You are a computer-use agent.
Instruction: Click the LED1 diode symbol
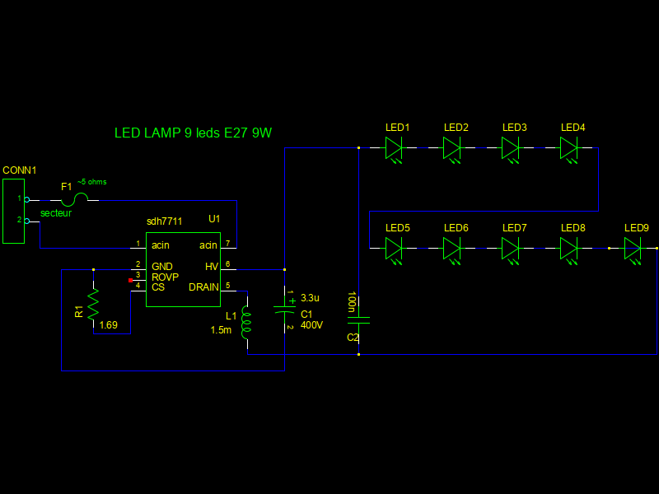click(x=394, y=148)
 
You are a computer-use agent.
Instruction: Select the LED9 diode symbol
click(x=633, y=248)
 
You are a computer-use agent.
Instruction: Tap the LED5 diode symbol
click(x=394, y=248)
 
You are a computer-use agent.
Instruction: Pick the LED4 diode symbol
click(x=569, y=148)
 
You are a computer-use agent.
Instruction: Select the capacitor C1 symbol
click(x=284, y=310)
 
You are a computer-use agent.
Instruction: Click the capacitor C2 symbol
click(x=358, y=321)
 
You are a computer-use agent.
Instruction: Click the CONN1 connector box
click(x=14, y=209)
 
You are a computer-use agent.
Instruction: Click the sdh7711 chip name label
click(x=165, y=221)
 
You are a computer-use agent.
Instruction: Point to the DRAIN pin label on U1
click(x=203, y=287)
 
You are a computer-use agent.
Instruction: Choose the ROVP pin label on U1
click(x=165, y=277)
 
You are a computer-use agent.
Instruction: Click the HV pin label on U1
click(x=212, y=267)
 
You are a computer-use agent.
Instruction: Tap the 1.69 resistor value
click(x=108, y=325)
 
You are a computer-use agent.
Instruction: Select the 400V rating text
click(x=311, y=325)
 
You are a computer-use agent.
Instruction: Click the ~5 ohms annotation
click(x=91, y=182)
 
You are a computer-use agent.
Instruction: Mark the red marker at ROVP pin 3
click(x=130, y=281)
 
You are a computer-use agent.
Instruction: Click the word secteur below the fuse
click(x=56, y=213)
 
